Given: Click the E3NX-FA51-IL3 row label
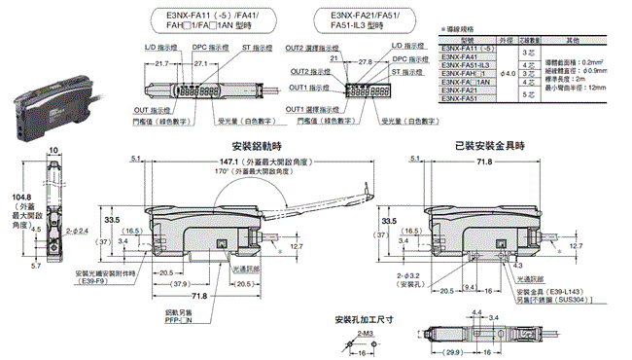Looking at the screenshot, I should [x=463, y=65].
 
